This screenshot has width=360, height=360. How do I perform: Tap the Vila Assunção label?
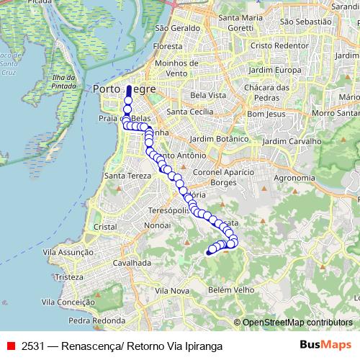tap(68, 252)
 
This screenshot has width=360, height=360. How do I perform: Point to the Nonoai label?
tap(157, 225)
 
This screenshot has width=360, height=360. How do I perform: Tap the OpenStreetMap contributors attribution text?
tap(297, 323)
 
